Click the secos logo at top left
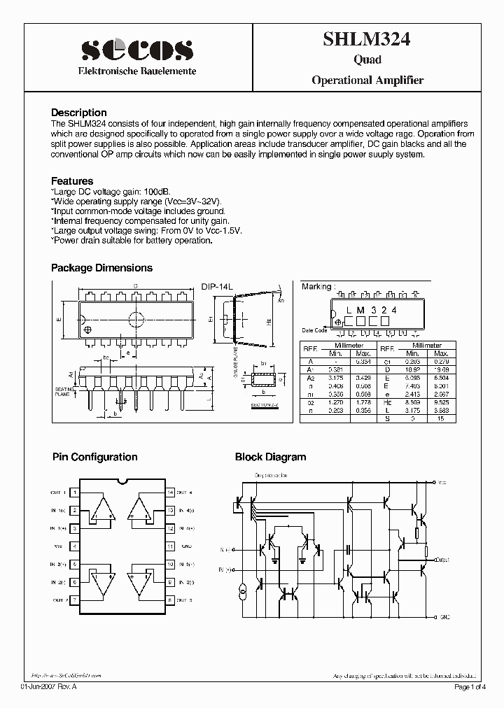coord(136,50)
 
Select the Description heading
coord(79,113)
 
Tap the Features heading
coord(72,180)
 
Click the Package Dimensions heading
coord(101,268)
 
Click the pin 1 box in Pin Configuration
coord(75,492)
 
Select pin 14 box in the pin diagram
coord(169,492)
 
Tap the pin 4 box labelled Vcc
coord(75,546)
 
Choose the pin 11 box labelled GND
coord(169,546)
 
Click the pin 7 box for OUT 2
coord(75,600)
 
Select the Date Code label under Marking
coord(314,330)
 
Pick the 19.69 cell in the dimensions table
coord(440,368)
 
